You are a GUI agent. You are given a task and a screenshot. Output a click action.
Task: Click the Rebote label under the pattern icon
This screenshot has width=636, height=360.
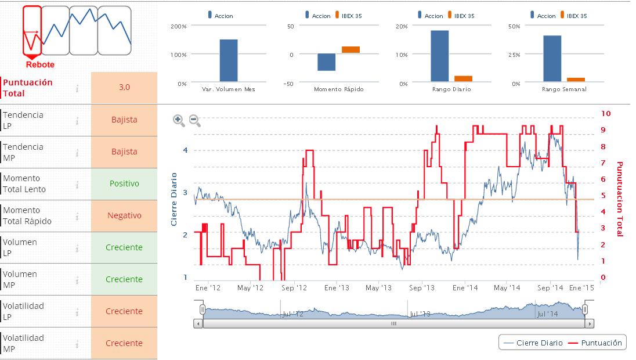40,64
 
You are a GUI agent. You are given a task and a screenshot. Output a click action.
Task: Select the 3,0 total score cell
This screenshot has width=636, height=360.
124,87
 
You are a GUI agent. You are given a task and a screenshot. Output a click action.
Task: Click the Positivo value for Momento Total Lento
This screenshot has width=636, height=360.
124,183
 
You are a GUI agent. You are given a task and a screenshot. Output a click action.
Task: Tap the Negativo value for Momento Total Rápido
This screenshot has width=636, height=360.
124,215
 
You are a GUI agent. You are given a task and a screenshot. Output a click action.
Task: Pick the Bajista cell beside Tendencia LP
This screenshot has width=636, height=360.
124,120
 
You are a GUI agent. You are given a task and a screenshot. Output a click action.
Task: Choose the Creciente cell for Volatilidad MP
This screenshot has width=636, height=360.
124,343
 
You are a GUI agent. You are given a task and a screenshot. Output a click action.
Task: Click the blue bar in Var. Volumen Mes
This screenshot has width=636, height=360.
229,60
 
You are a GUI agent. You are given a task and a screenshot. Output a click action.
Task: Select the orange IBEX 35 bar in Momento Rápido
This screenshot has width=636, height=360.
350,49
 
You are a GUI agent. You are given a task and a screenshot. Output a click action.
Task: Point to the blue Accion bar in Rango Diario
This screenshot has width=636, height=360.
439,56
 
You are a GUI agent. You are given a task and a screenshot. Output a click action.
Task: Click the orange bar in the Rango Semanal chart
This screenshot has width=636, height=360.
576,79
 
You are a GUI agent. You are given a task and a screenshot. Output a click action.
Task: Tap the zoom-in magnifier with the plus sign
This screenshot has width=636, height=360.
179,120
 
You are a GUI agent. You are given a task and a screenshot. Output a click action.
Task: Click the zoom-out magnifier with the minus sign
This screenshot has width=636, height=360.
195,120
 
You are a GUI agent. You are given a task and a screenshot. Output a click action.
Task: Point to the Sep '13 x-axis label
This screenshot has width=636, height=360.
422,287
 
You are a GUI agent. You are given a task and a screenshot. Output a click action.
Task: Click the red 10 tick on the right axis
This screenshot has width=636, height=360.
607,113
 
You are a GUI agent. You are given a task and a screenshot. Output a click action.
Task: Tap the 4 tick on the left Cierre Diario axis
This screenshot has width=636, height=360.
186,150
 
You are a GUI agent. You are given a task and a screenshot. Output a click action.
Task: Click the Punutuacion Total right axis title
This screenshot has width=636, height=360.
619,199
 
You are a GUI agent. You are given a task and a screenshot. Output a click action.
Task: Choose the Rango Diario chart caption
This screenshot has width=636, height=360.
451,89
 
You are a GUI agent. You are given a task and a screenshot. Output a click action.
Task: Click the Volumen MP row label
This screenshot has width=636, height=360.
20,279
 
